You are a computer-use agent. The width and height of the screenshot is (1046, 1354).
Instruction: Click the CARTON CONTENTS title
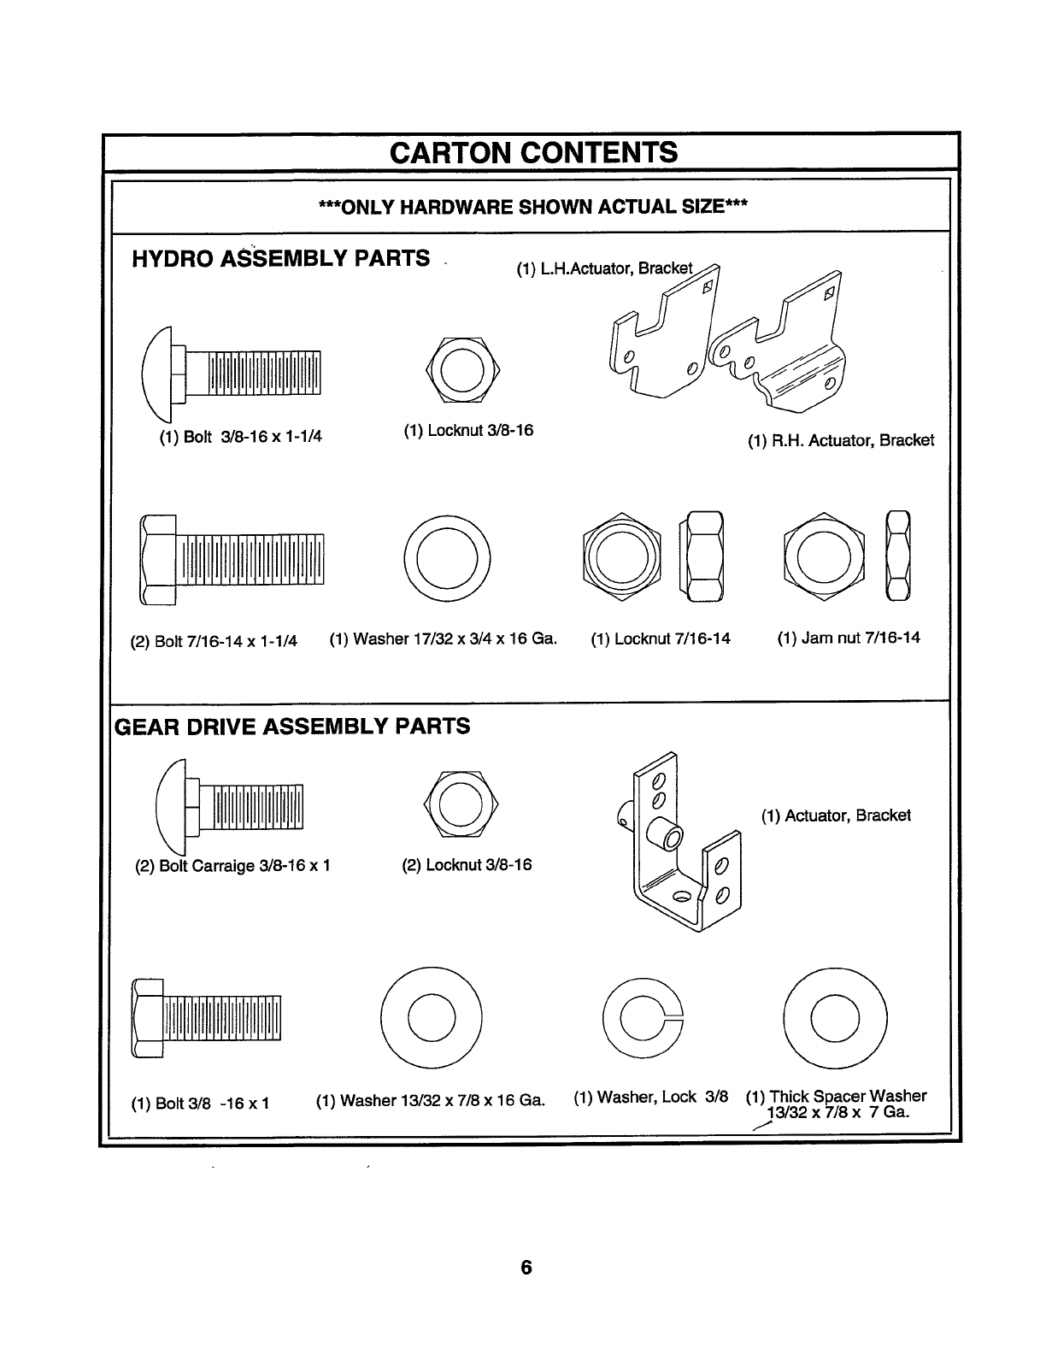coord(532,152)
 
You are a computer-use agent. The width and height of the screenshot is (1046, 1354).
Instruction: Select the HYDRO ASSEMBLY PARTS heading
coord(281,258)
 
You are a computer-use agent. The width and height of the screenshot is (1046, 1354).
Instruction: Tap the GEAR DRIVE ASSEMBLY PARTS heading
coord(292,727)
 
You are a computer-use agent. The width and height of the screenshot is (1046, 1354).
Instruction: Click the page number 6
coord(526,1267)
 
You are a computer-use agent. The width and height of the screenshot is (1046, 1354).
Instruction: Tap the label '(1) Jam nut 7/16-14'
coord(849,638)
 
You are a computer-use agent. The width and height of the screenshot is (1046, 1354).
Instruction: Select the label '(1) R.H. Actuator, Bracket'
coord(841,440)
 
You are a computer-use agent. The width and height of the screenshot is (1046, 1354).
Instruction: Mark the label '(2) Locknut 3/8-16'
coord(467,865)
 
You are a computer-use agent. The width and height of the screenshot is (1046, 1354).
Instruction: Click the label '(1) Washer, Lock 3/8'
coord(650,1097)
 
